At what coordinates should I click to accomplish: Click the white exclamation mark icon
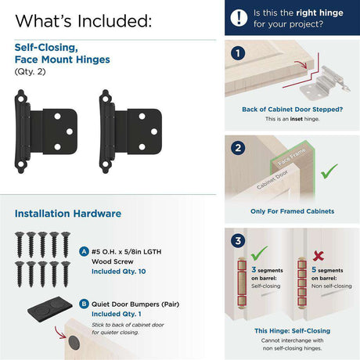click(239, 18)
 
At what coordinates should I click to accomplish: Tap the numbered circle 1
click(238, 53)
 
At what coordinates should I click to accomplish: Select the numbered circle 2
click(238, 148)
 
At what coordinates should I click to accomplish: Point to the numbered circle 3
click(238, 240)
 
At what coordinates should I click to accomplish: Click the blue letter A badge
click(84, 252)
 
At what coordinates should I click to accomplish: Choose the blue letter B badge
click(84, 304)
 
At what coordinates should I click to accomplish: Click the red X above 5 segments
click(319, 256)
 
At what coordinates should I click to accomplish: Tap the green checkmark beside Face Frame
click(329, 171)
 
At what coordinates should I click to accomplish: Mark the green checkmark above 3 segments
click(259, 253)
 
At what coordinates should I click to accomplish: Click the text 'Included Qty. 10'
click(119, 272)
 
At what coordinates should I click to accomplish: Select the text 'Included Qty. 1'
click(117, 314)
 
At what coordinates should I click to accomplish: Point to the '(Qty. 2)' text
click(30, 71)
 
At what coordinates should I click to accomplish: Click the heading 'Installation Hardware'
click(68, 214)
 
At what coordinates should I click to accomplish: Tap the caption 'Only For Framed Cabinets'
click(293, 211)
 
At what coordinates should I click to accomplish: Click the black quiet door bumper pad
click(50, 308)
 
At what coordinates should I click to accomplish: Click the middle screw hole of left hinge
click(70, 131)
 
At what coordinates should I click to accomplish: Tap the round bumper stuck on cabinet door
click(74, 343)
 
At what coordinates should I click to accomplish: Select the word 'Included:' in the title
click(114, 21)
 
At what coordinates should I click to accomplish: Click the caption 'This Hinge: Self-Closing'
click(293, 331)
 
